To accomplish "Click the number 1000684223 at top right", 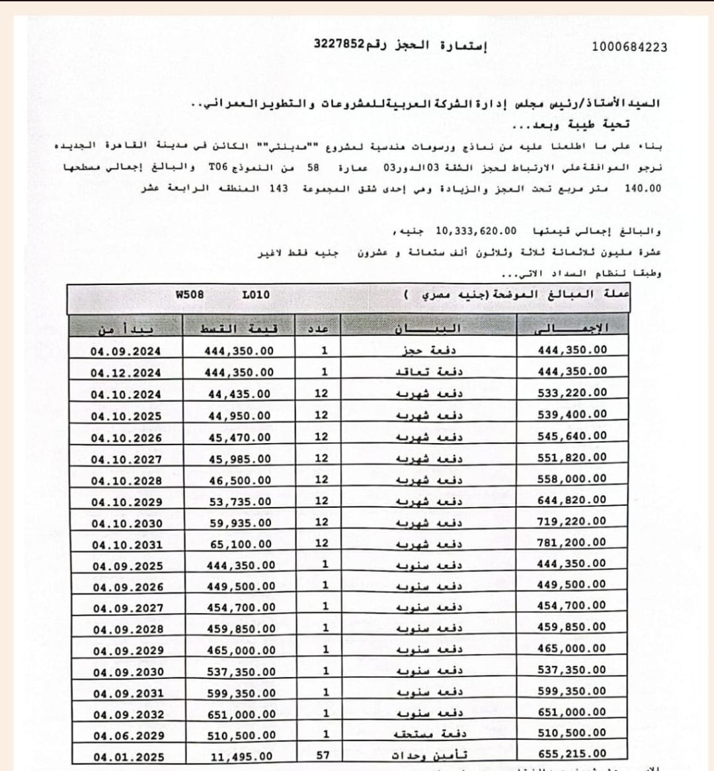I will [x=629, y=47].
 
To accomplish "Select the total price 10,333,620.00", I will [x=475, y=231].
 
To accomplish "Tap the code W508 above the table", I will [x=190, y=294].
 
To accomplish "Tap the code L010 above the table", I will [x=256, y=294].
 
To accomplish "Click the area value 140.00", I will [x=643, y=188].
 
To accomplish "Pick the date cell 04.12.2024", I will [x=126, y=373].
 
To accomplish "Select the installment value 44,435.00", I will [x=239, y=394].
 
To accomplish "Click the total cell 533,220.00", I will [x=572, y=393].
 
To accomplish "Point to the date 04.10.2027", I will [x=126, y=459].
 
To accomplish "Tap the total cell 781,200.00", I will [x=572, y=542].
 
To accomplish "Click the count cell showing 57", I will [x=323, y=754].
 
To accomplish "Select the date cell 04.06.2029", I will [x=128, y=736].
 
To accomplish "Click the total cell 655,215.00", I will [x=572, y=754].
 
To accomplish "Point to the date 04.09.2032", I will [x=128, y=715].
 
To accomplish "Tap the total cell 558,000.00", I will [x=572, y=479].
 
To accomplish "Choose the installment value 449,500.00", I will [x=241, y=587].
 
